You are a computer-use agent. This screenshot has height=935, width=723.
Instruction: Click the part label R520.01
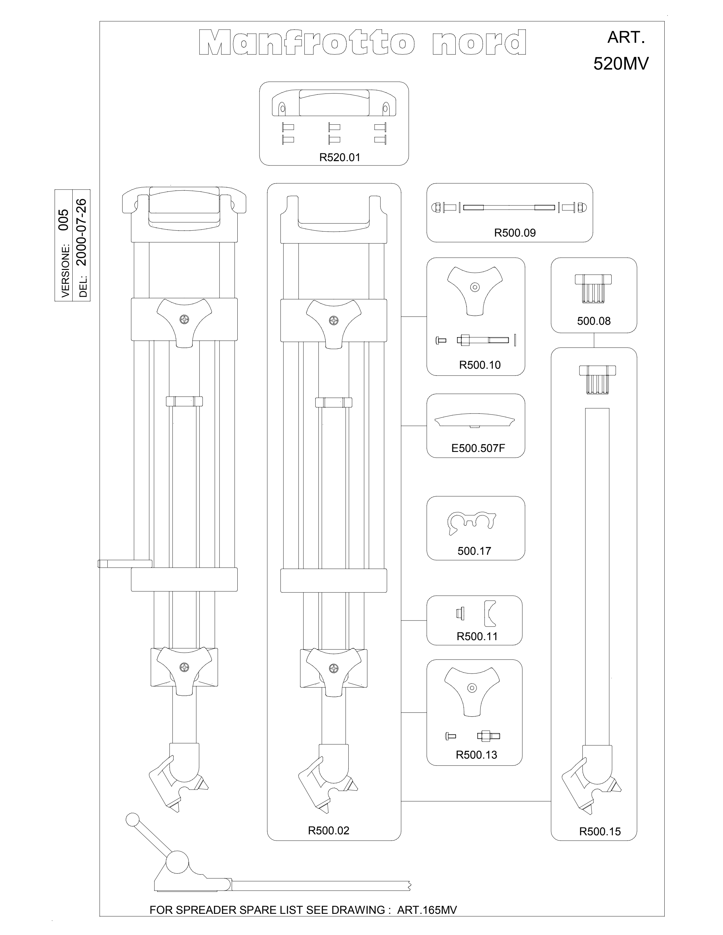(x=340, y=157)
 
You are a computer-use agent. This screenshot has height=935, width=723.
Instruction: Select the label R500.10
(x=480, y=365)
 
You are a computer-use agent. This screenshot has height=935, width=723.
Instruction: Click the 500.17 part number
(x=474, y=551)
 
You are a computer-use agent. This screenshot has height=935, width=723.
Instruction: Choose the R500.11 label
(x=477, y=637)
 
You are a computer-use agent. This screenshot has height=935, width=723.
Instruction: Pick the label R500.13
(x=476, y=755)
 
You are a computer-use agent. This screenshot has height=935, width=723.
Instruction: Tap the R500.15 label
(x=600, y=832)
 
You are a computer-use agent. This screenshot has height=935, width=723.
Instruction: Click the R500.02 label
(x=328, y=831)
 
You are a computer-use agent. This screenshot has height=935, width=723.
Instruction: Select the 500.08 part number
(x=594, y=321)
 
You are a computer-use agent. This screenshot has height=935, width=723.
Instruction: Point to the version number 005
(x=63, y=220)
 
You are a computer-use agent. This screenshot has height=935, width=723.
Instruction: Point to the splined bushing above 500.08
(x=593, y=289)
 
